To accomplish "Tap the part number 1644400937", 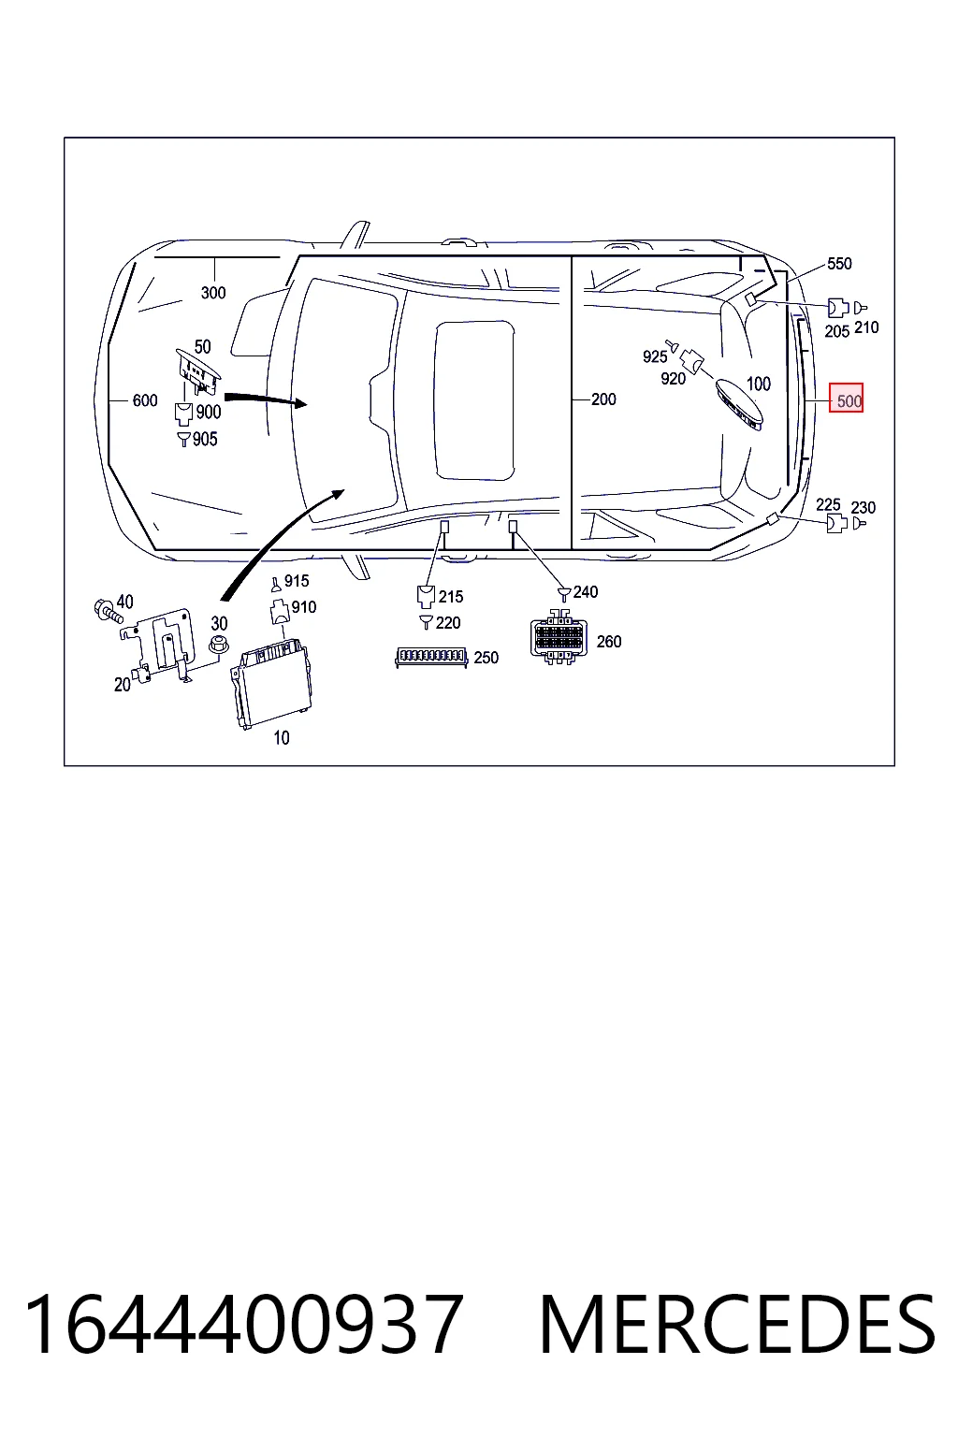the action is click(x=243, y=1324).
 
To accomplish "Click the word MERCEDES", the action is click(x=738, y=1324).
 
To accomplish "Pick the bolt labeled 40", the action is click(x=109, y=611).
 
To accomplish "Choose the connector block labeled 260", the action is click(x=559, y=636).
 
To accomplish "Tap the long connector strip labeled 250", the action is click(x=431, y=658).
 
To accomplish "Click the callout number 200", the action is click(x=603, y=399).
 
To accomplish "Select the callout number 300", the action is click(x=213, y=293).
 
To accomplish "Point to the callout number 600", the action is click(x=144, y=400).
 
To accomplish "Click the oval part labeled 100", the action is click(x=739, y=404).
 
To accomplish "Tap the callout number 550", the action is click(x=839, y=263).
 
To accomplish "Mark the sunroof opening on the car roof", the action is click(x=474, y=399).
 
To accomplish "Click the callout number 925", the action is click(x=655, y=356).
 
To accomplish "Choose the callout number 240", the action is click(x=586, y=591).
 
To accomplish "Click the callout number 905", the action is click(x=205, y=439).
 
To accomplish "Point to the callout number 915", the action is click(x=297, y=581).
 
